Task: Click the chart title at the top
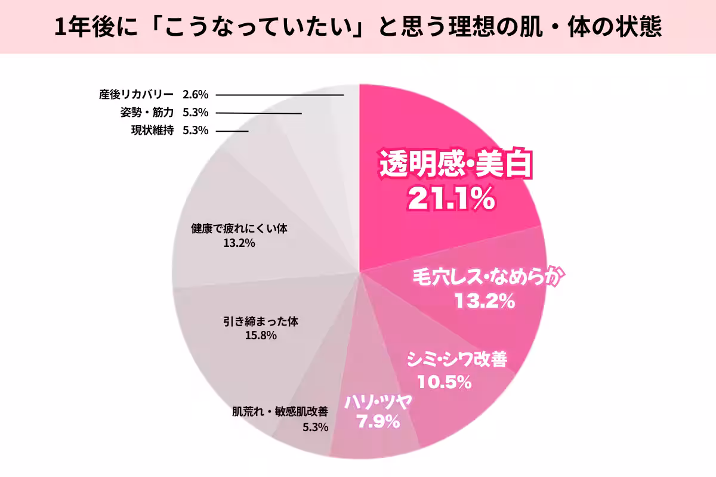[358, 27]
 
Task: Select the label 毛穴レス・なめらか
[487, 277]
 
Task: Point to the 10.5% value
[445, 382]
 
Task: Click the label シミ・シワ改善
[456, 360]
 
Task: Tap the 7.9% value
[377, 422]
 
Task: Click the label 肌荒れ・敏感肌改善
[280, 411]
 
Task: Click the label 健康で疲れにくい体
[240, 228]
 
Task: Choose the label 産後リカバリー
[136, 94]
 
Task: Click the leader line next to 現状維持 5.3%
[232, 131]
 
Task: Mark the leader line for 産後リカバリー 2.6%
[280, 95]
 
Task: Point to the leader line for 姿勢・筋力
[258, 113]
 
